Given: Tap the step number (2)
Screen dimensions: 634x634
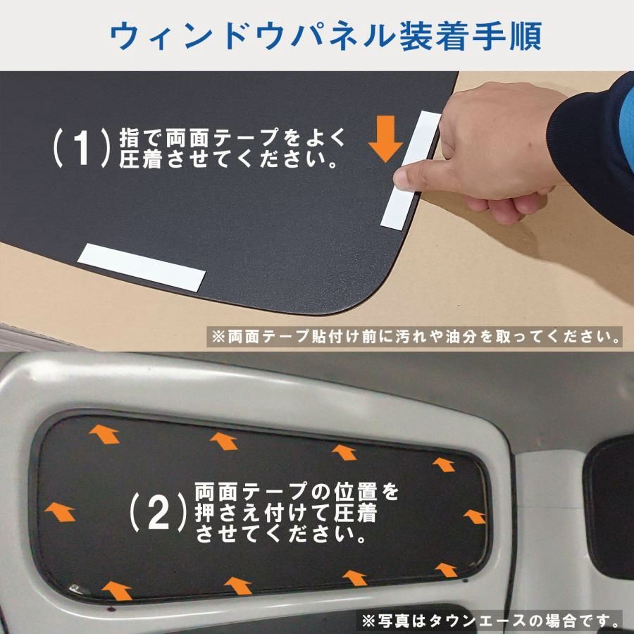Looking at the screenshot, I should click(159, 513).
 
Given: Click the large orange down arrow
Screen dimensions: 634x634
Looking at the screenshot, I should click(386, 137).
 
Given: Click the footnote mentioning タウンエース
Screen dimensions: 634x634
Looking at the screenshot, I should click(492, 621).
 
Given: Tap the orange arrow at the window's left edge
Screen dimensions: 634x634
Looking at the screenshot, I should click(59, 511).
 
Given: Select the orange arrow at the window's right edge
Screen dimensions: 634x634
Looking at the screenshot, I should click(475, 516).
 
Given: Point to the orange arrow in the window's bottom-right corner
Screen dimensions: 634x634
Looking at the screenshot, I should click(446, 569).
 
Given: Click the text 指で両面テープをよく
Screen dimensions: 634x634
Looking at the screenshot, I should click(233, 135).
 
